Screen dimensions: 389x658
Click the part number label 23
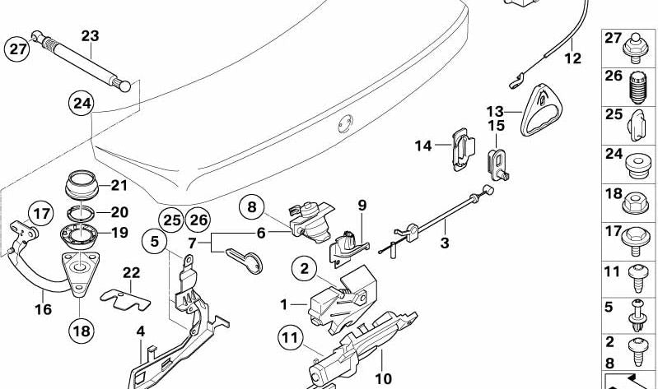90,35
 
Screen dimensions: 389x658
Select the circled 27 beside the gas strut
17,49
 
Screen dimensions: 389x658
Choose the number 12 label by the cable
572,58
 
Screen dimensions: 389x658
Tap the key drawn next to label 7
245,257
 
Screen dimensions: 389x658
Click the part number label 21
120,184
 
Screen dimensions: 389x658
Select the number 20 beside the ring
119,211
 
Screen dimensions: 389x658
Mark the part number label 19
119,233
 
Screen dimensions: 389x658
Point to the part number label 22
132,272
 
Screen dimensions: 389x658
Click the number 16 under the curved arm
42,309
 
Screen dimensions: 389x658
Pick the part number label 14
423,146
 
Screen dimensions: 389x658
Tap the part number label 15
496,126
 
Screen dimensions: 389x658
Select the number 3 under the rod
444,243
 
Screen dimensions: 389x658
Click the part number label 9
361,203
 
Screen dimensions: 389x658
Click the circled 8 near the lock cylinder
254,207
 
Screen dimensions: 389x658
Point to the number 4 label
141,332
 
